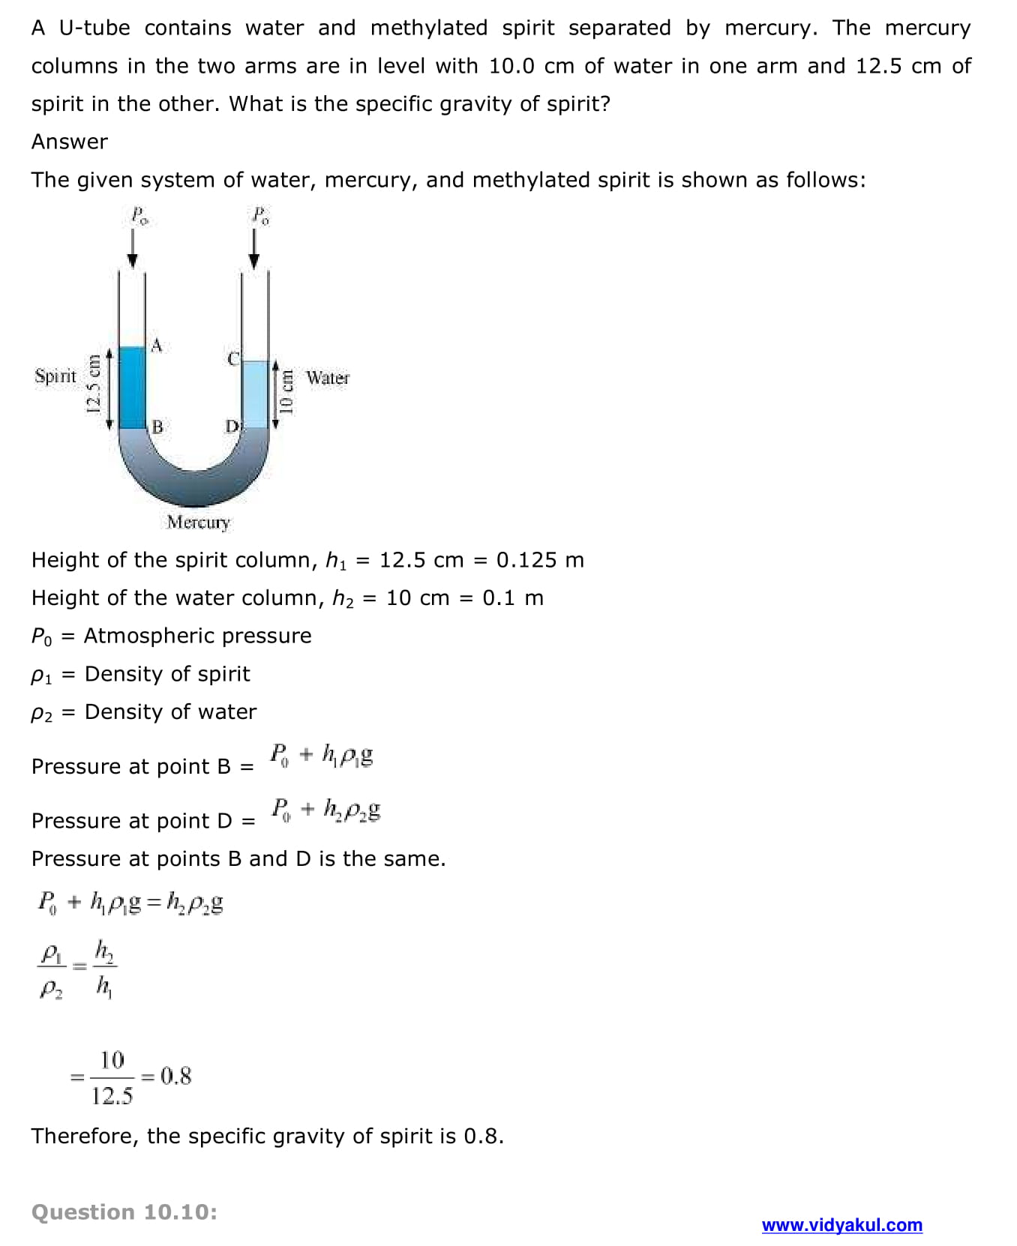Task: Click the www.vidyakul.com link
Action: click(841, 1225)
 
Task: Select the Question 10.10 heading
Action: click(124, 1212)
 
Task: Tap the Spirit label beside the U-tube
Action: click(55, 376)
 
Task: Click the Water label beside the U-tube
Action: click(328, 378)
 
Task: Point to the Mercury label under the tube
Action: click(198, 522)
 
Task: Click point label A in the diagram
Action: click(156, 346)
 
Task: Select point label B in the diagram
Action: click(157, 427)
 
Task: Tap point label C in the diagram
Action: click(233, 359)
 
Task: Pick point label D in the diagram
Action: click(232, 427)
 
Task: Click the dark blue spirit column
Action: click(133, 387)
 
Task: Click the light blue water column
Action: click(255, 394)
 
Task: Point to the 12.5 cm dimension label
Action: click(94, 384)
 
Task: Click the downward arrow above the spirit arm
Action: click(133, 248)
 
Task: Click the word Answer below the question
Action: click(69, 142)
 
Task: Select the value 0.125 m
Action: click(540, 560)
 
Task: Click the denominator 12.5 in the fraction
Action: click(112, 1096)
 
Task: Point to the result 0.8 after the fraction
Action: click(176, 1077)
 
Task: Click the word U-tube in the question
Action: click(94, 28)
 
